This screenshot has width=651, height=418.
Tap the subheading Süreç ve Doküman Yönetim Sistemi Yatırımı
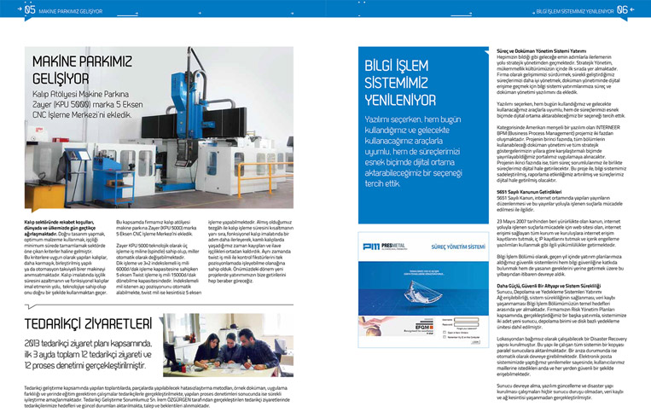(546, 50)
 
